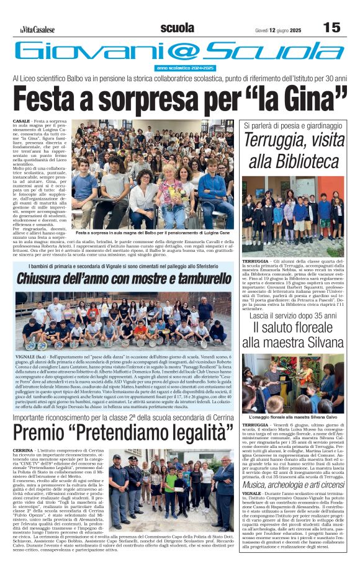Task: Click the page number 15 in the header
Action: (332, 27)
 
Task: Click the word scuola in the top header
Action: (177, 27)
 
